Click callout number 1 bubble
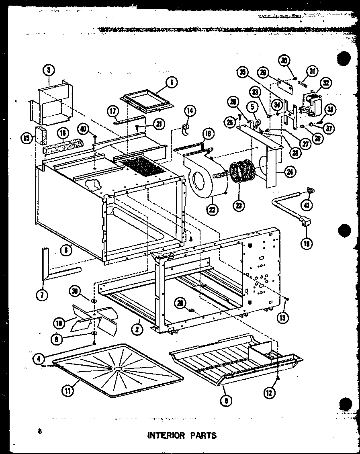(x=172, y=83)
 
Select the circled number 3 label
(x=48, y=70)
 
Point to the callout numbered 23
(x=239, y=205)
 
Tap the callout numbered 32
(x=325, y=83)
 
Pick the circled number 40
(x=83, y=129)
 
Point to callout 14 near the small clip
(x=190, y=111)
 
